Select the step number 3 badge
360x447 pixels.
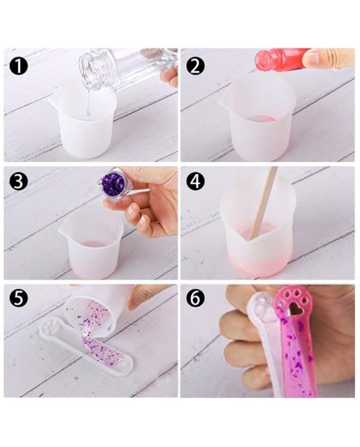click(x=18, y=181)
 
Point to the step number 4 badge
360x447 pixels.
click(x=195, y=181)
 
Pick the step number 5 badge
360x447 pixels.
click(x=18, y=298)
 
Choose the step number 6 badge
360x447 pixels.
click(x=195, y=298)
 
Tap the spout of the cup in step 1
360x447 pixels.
click(x=53, y=99)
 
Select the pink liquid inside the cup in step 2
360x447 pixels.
click(x=261, y=119)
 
